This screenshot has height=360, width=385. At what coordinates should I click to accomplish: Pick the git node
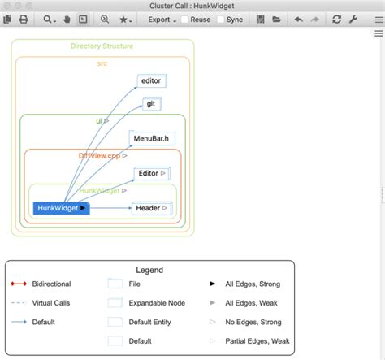click(x=152, y=103)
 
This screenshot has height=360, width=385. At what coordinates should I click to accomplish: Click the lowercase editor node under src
click(x=151, y=80)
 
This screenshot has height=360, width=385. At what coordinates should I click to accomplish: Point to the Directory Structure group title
click(x=102, y=46)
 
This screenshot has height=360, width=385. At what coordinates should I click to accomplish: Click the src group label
click(x=102, y=63)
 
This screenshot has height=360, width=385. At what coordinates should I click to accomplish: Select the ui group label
click(x=99, y=120)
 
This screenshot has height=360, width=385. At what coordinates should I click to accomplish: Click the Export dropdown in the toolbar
click(x=162, y=19)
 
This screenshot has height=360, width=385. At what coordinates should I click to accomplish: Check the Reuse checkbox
click(x=185, y=19)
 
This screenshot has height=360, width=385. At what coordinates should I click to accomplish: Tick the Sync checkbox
click(x=221, y=19)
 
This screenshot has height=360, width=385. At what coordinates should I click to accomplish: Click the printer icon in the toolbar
click(x=24, y=19)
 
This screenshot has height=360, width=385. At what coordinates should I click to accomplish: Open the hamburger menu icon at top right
click(x=379, y=19)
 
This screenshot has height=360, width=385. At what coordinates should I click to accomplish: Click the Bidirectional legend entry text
click(x=51, y=284)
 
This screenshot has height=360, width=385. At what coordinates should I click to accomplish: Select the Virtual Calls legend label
click(x=53, y=303)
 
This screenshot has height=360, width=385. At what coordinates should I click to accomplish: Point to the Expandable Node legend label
click(x=157, y=303)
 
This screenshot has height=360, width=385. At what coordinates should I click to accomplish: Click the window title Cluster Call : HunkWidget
click(x=192, y=5)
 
